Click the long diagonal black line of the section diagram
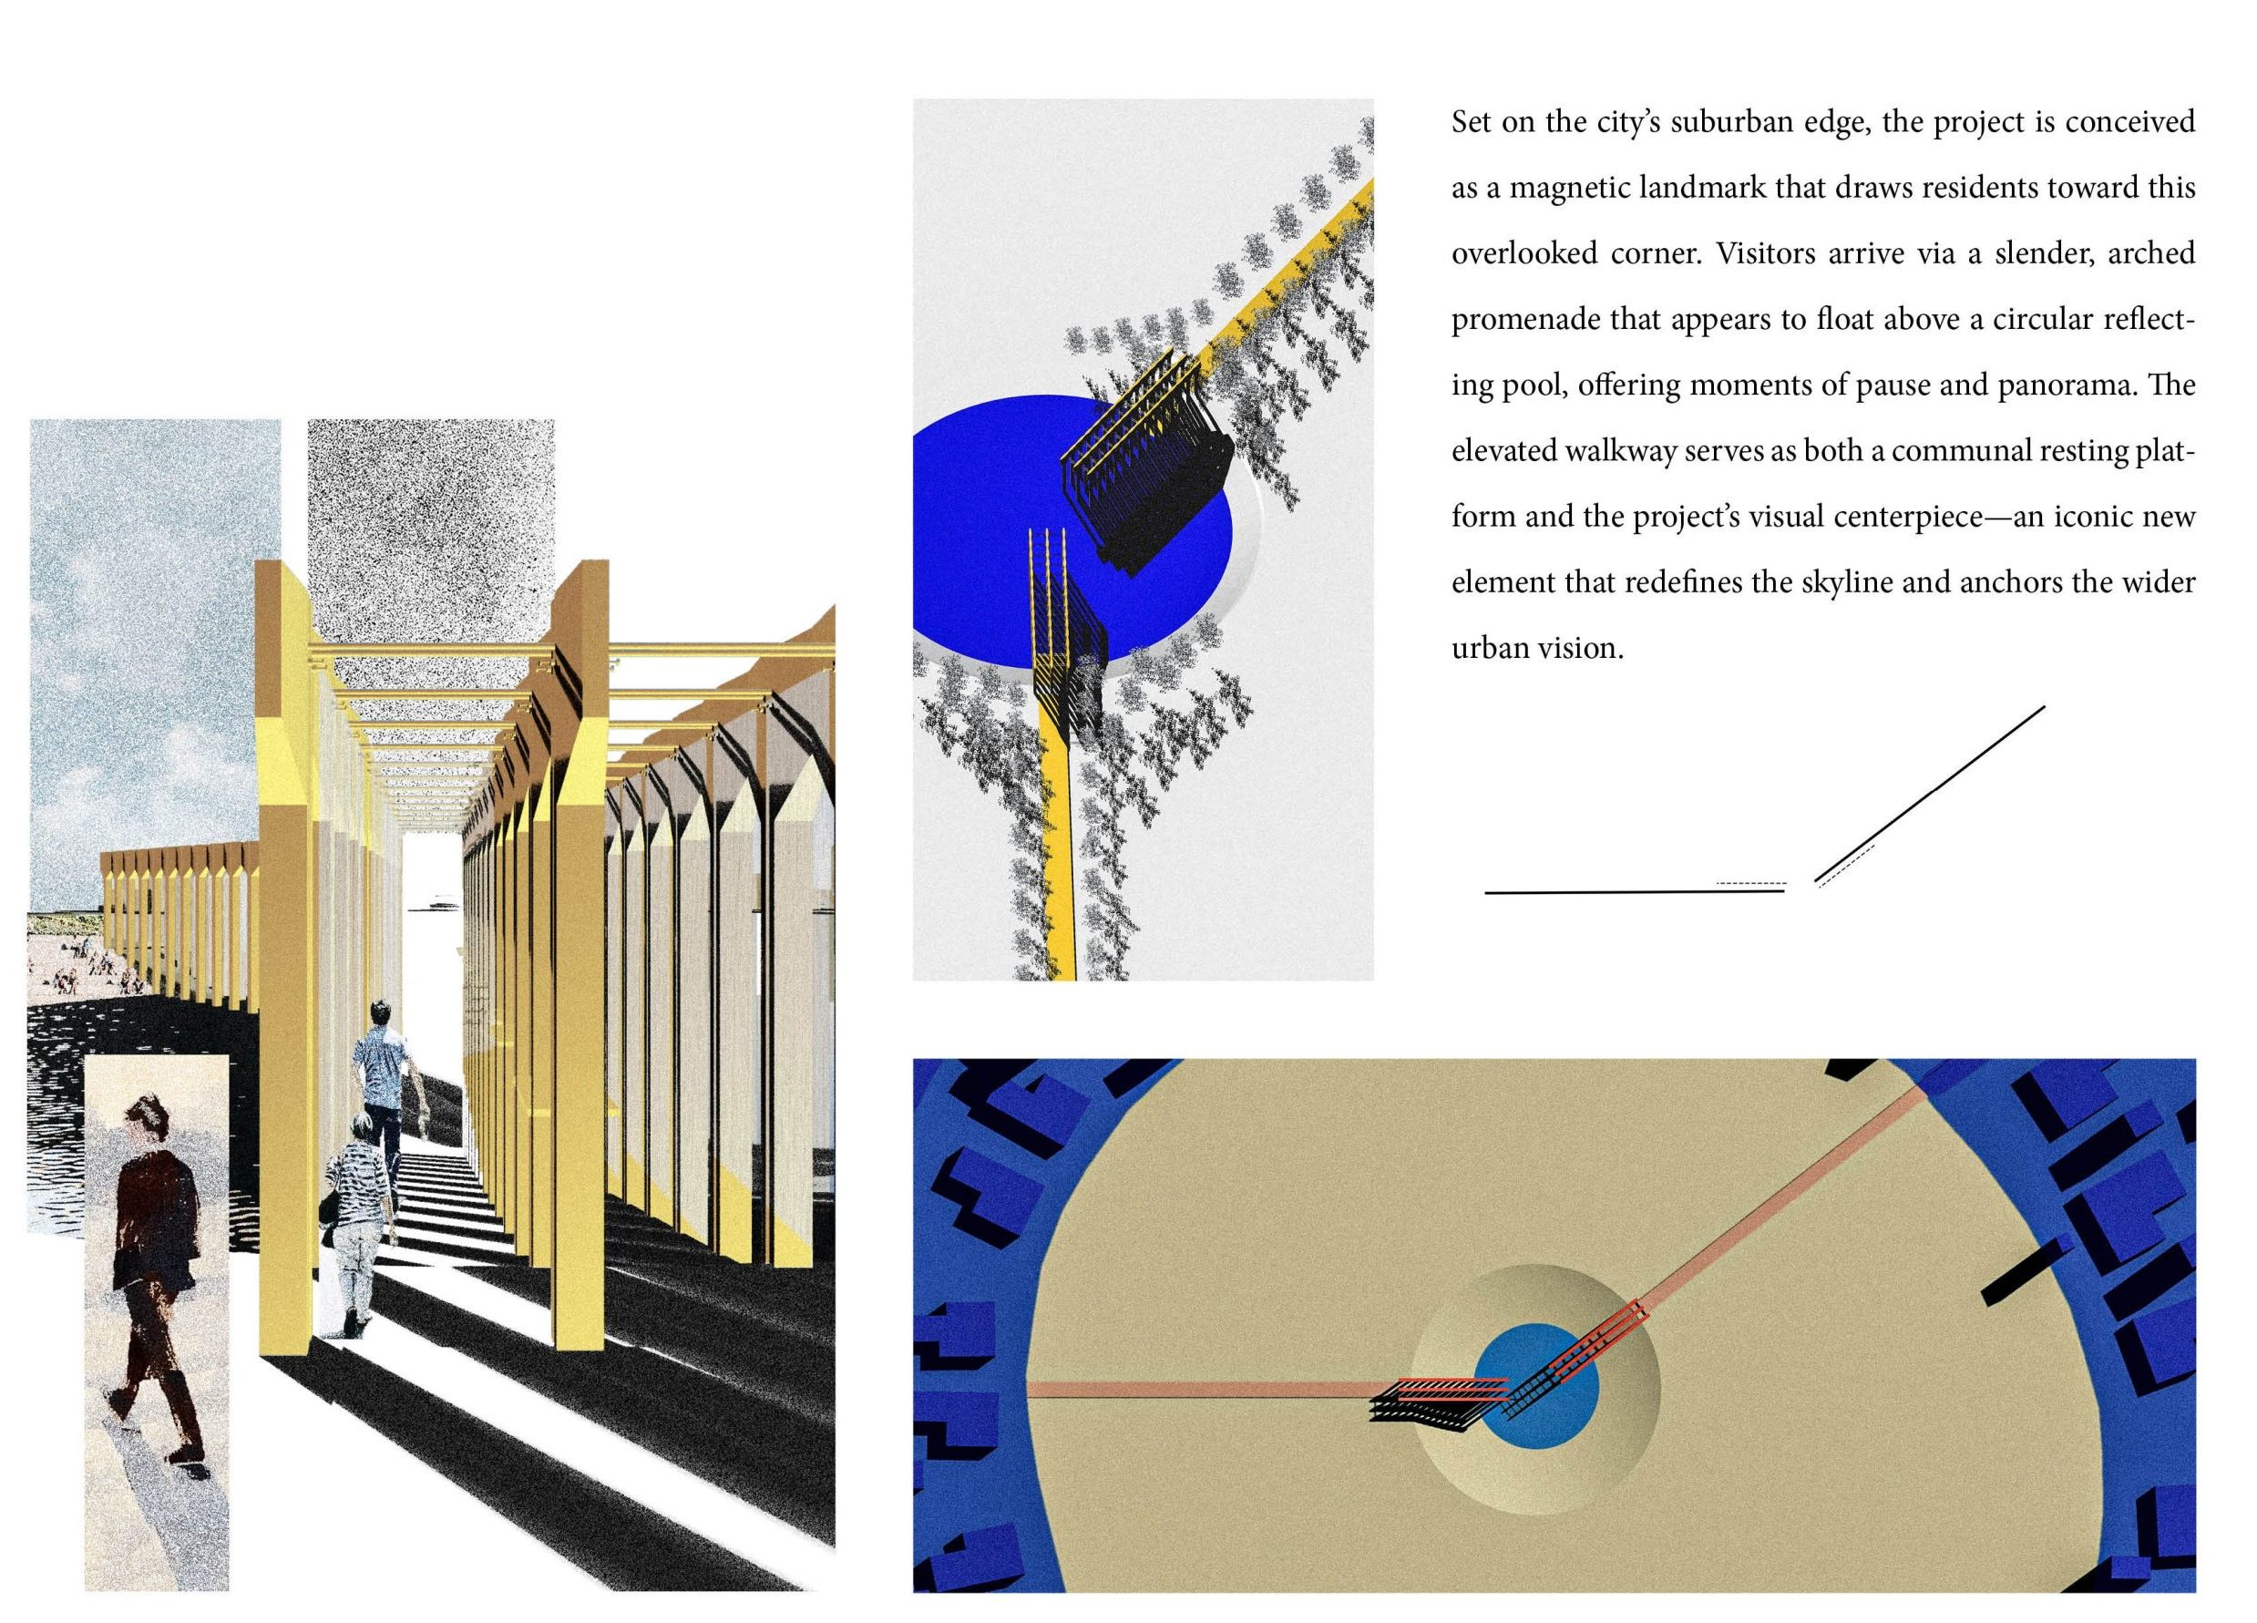pyautogui.click(x=1930, y=794)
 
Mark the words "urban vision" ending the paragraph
pyautogui.click(x=1537, y=649)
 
